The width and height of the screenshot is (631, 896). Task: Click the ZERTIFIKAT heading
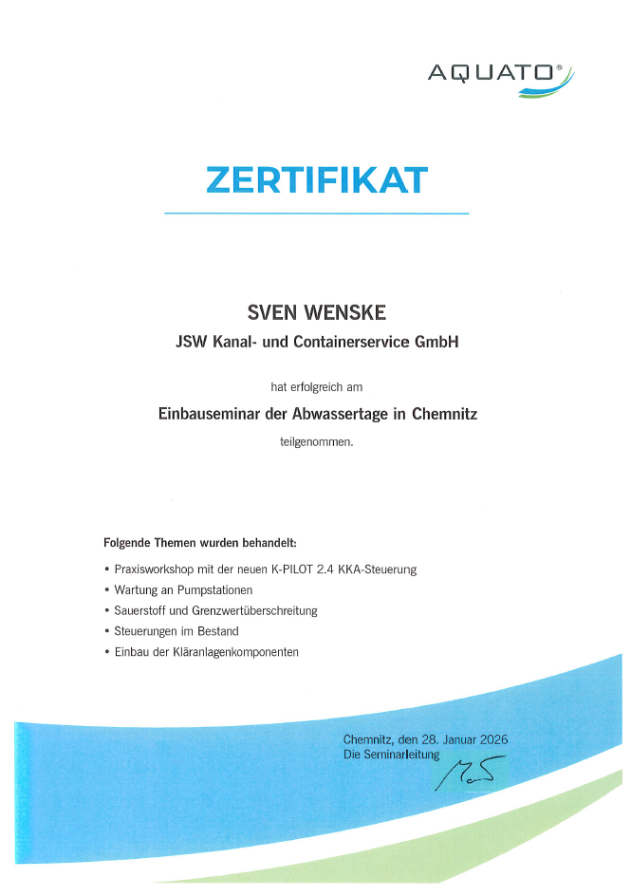[317, 180]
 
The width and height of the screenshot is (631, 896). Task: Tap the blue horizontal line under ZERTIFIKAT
[317, 214]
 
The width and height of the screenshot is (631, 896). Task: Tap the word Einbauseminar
[204, 414]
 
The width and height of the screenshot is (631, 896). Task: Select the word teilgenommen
[316, 441]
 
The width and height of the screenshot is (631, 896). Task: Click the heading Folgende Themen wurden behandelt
[200, 543]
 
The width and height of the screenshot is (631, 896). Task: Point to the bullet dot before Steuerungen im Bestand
[106, 631]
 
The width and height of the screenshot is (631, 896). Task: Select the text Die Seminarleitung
[391, 755]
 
